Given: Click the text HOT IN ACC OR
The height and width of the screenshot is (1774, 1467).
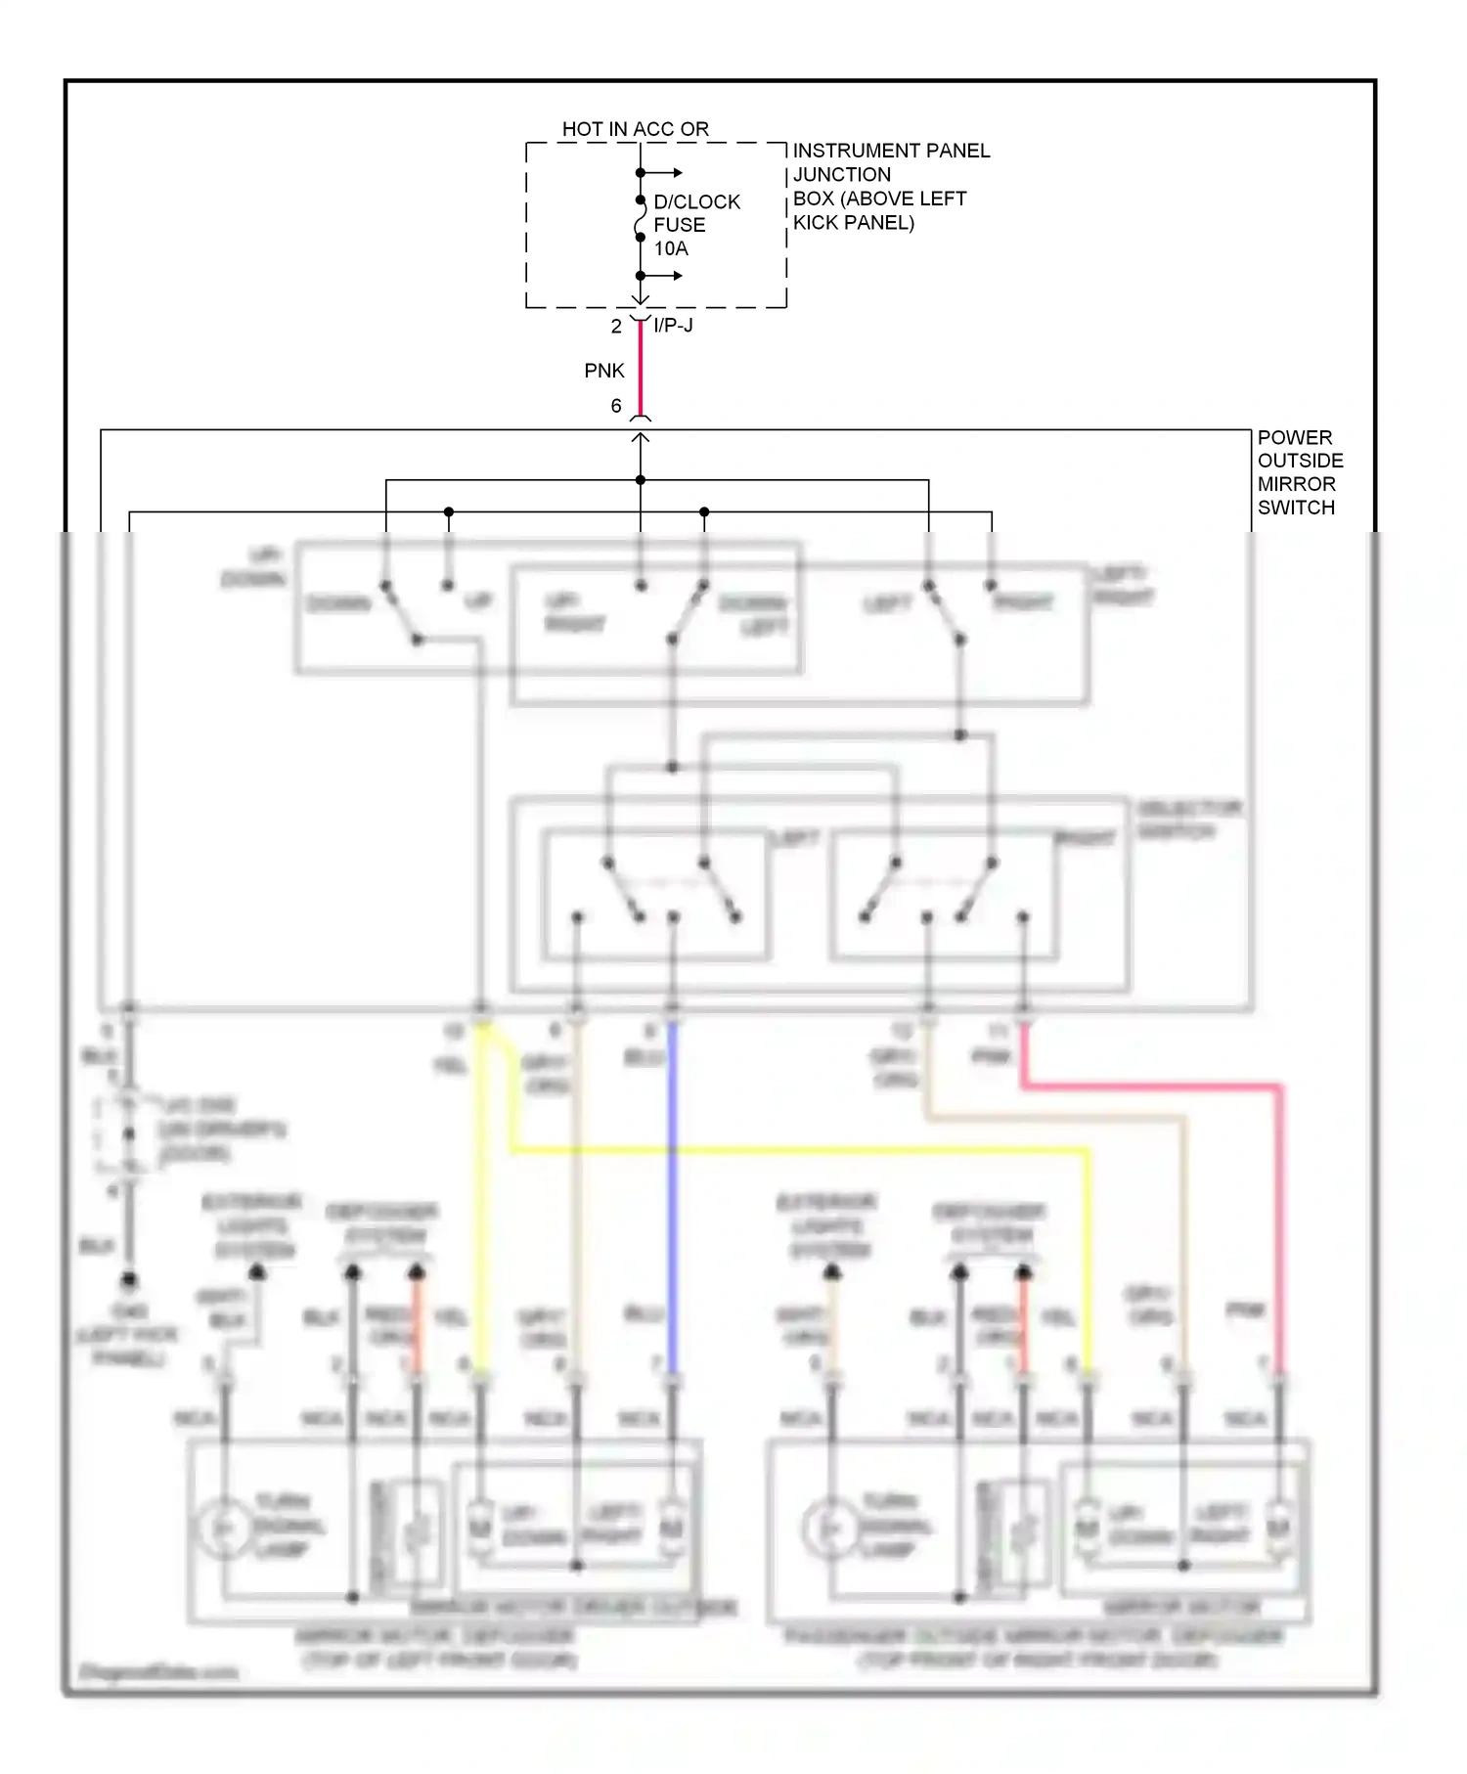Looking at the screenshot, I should click(635, 129).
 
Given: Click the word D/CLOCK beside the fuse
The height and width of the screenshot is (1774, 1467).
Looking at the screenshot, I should click(696, 201).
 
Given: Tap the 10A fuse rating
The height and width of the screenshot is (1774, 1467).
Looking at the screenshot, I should click(671, 248).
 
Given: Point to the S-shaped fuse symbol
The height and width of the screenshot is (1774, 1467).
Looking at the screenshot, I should click(640, 219).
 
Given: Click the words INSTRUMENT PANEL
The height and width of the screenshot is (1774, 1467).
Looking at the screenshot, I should click(891, 151).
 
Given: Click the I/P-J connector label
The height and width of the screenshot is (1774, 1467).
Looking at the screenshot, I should click(673, 325).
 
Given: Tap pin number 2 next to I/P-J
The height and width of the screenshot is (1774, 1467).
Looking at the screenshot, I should click(616, 327).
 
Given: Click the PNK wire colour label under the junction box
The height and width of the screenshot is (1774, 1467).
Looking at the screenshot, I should click(603, 371).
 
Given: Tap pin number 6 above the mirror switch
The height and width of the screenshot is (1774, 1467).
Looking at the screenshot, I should click(616, 406).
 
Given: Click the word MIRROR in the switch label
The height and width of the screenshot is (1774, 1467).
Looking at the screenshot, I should click(1296, 484).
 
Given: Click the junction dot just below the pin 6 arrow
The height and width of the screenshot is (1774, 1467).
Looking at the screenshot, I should click(641, 480).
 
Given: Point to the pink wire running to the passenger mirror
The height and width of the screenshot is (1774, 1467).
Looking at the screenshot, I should click(1279, 1222).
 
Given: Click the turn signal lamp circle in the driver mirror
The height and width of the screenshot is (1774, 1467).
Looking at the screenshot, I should click(223, 1528).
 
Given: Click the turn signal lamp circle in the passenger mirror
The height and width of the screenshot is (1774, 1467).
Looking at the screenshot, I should click(829, 1528).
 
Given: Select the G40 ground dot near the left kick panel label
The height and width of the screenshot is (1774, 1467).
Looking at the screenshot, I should click(128, 1280).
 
